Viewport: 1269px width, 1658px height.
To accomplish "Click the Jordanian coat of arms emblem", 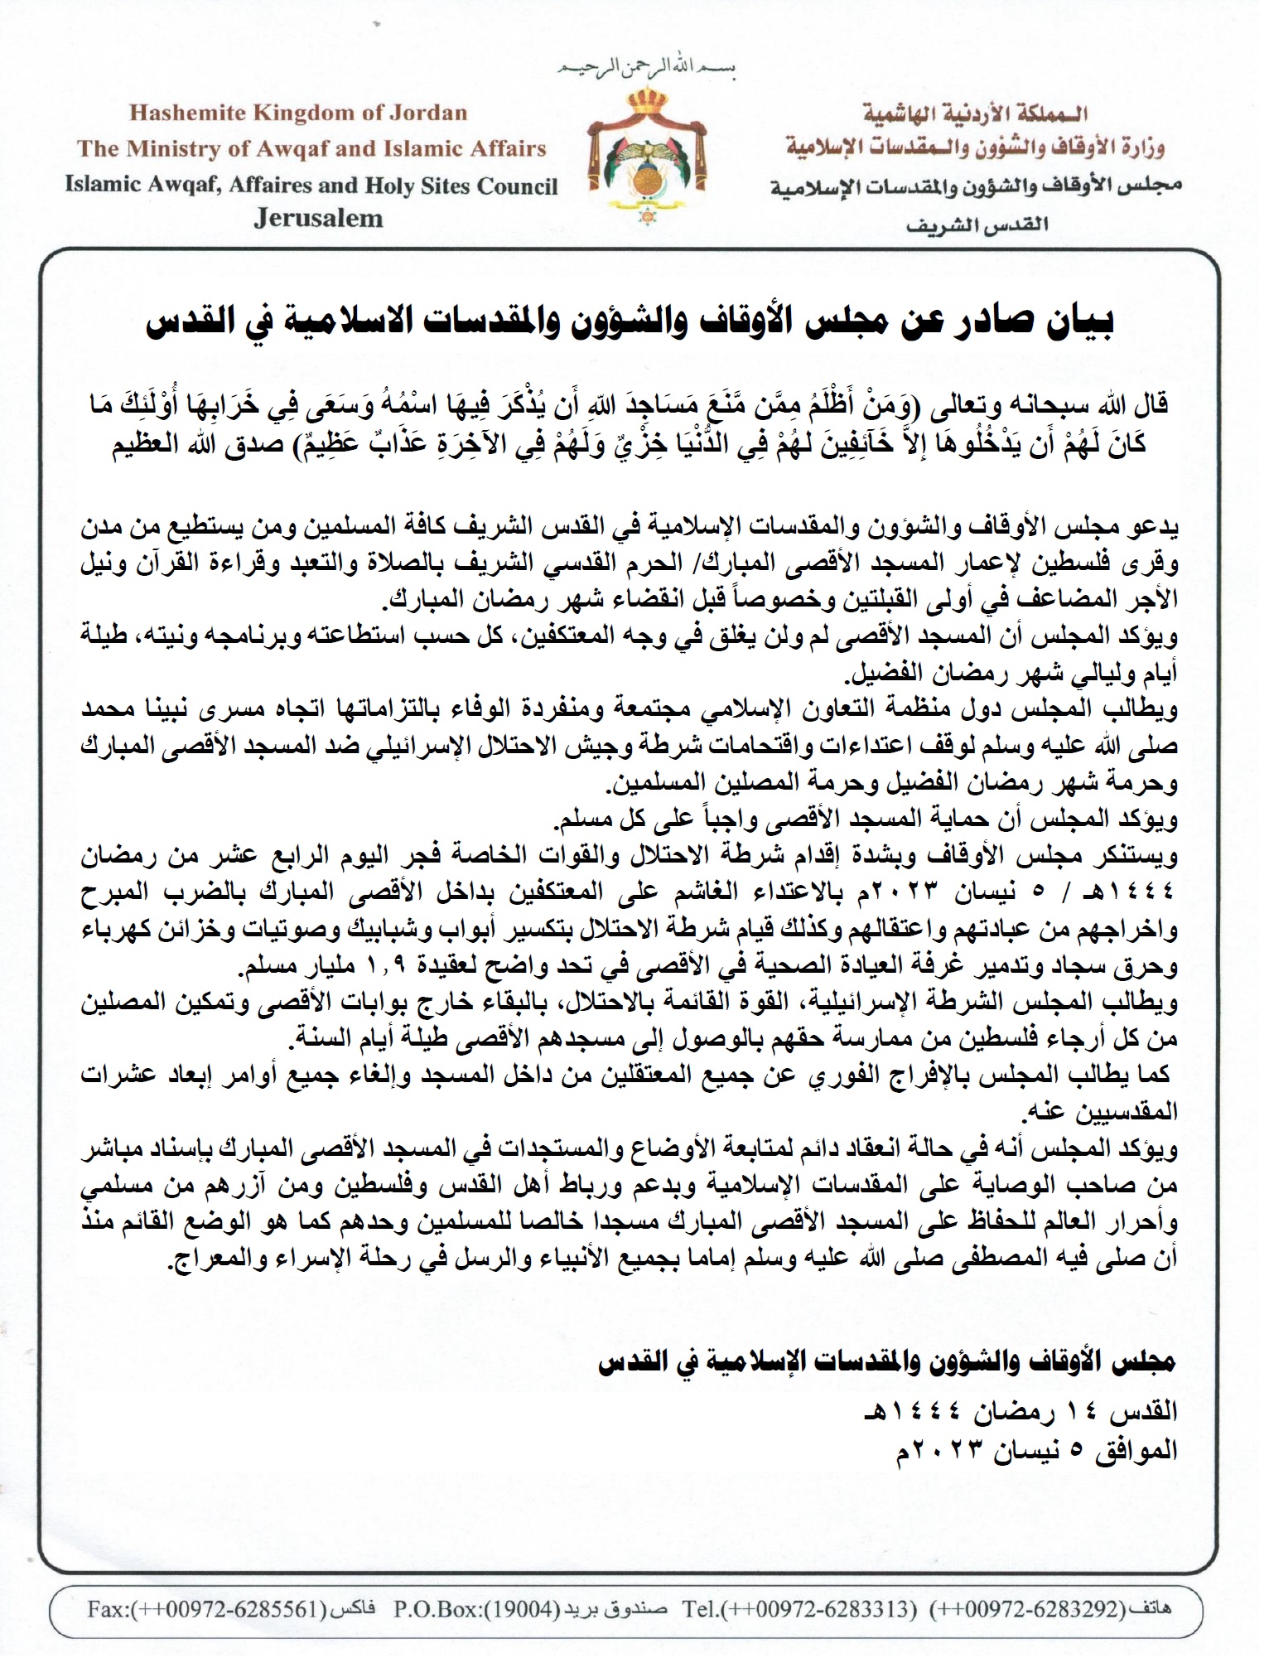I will [647, 154].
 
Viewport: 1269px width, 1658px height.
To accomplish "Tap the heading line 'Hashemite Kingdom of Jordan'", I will [298, 113].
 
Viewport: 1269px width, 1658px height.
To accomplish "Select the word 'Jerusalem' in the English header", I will [319, 219].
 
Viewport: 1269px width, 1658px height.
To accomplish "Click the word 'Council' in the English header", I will [518, 186].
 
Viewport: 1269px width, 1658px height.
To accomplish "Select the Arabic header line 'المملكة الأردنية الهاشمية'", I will [975, 113].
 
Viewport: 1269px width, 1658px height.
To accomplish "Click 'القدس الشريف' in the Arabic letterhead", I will [977, 225].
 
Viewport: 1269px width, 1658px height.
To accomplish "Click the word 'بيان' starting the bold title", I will [1074, 321].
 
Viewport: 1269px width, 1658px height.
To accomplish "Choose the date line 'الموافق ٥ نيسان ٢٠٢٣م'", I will [1036, 1451].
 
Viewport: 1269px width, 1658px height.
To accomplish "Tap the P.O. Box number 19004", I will [518, 1609].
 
